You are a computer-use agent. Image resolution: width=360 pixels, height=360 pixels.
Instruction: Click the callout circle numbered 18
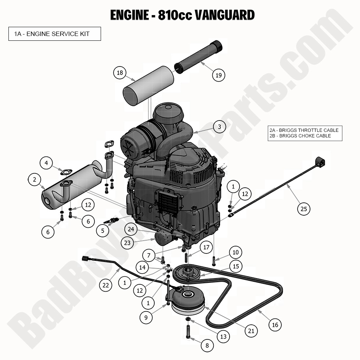tap(120, 73)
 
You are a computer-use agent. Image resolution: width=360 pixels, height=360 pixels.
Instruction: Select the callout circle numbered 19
tap(219, 75)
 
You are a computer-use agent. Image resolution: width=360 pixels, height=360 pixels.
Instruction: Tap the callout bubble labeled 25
tap(303, 209)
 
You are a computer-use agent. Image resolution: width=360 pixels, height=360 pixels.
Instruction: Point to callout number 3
tap(219, 127)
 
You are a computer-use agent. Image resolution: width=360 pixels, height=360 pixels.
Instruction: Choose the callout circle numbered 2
tap(34, 180)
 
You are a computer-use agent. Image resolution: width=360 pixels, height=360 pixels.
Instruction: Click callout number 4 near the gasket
tap(46, 163)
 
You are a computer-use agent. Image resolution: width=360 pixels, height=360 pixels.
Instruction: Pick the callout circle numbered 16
tap(275, 324)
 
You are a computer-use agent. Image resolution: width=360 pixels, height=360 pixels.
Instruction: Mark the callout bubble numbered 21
tap(251, 331)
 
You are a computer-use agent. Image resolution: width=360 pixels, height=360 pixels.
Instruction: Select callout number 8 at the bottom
tap(207, 345)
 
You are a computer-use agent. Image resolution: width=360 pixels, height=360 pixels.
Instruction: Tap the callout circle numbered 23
tap(127, 242)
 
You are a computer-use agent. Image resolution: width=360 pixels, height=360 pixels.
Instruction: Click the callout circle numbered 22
tap(106, 285)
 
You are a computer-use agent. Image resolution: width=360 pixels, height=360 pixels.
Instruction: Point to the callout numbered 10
tap(235, 252)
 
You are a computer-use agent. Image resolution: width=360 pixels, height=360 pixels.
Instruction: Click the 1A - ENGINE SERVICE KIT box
tap(54, 34)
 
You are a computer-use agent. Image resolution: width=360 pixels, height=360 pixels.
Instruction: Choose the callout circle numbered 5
tap(103, 231)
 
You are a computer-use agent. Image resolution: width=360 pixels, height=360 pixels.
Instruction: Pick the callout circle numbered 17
tap(206, 247)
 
